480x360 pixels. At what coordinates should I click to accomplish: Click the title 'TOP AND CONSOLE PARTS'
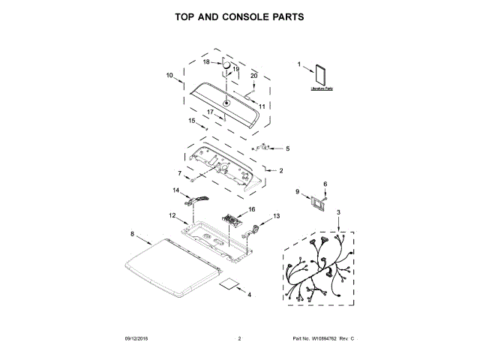(239, 16)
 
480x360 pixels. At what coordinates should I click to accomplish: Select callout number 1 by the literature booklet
(299, 65)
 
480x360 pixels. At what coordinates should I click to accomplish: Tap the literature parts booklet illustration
(322, 74)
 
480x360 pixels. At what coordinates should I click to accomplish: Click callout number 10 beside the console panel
(169, 75)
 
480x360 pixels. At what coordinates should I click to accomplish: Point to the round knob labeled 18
(224, 67)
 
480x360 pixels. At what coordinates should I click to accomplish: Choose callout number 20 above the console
(253, 76)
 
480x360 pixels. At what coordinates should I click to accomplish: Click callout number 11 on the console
(262, 106)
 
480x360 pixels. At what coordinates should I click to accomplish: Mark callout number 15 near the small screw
(191, 120)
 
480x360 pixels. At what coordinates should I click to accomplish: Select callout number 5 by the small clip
(286, 148)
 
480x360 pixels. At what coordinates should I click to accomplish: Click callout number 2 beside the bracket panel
(280, 171)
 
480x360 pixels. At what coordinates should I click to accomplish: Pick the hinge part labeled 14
(200, 198)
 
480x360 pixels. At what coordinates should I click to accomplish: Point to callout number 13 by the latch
(276, 215)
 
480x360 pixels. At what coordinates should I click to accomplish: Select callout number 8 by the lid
(133, 234)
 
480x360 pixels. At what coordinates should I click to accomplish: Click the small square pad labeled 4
(229, 285)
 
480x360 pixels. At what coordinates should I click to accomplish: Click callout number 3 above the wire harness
(337, 213)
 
